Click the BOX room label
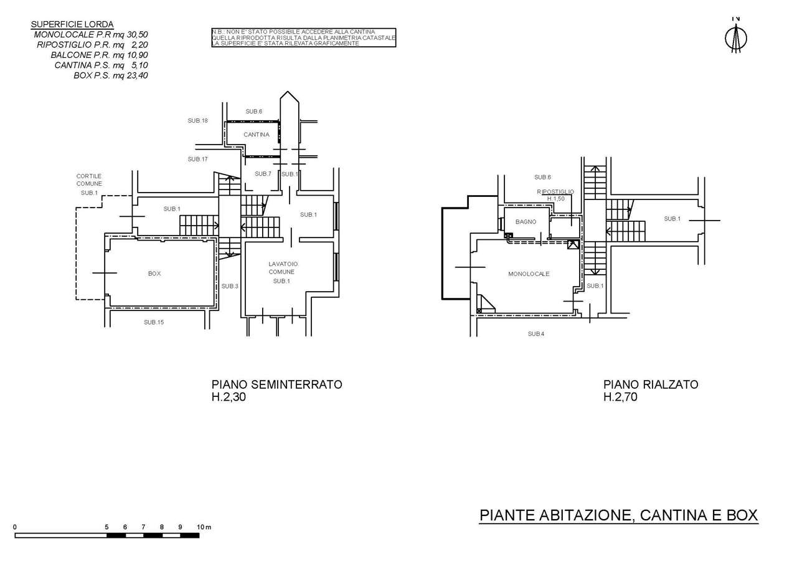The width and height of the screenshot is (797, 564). point(154,274)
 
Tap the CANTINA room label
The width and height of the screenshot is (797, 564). point(257,135)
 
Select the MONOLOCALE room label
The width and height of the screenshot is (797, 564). point(529,274)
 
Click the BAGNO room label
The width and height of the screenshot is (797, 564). point(526,222)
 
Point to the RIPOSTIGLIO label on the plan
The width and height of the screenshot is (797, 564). point(555,192)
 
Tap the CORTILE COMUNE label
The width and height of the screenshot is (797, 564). point(89,180)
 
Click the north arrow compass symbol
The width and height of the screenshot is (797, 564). point(736,38)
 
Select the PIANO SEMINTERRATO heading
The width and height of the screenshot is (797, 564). point(276,385)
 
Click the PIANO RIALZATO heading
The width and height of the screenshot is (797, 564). point(651,385)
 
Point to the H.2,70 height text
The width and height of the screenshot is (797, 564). point(620,397)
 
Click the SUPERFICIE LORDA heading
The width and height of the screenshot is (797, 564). point(72,25)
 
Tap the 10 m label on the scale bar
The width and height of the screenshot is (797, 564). point(204,527)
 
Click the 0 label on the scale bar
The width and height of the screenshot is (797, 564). point(15,527)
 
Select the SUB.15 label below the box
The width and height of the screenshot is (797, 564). point(154,322)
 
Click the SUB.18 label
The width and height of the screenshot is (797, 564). point(197,120)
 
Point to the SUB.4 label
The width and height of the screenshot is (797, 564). point(536,334)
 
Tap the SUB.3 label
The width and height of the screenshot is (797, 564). point(230,286)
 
